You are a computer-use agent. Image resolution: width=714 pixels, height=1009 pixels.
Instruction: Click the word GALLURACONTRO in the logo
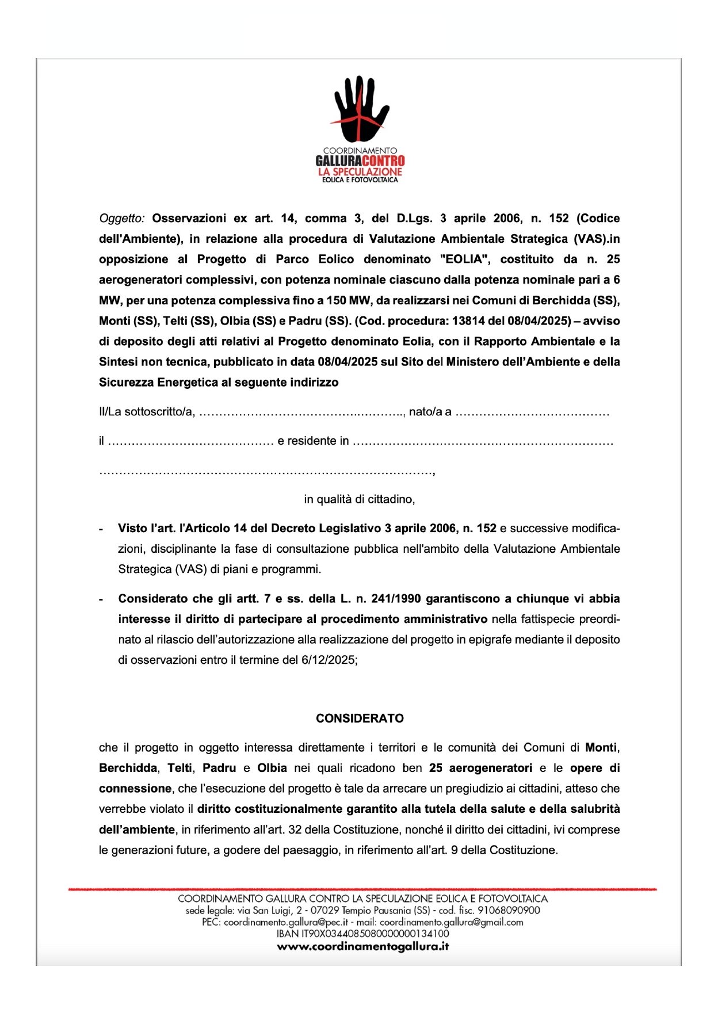point(360,161)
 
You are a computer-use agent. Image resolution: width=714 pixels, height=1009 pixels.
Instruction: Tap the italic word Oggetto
point(121,219)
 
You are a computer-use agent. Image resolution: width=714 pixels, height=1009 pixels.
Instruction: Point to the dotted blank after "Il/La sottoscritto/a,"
point(302,412)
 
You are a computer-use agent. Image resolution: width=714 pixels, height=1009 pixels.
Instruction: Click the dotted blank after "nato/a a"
point(532,412)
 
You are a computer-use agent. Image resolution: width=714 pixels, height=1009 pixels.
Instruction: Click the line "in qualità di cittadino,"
point(360,499)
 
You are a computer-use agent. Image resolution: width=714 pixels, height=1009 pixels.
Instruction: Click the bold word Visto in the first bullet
point(132,529)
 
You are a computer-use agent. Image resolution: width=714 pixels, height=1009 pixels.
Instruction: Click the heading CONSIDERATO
point(360,718)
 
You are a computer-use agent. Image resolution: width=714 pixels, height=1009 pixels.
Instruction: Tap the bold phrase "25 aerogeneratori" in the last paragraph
point(480,769)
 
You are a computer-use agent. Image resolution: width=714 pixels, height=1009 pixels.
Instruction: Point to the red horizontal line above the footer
point(362,889)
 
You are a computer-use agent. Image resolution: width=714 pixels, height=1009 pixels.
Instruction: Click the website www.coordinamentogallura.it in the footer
point(362,946)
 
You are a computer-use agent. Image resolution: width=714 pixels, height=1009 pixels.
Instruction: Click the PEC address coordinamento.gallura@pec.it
point(285,922)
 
